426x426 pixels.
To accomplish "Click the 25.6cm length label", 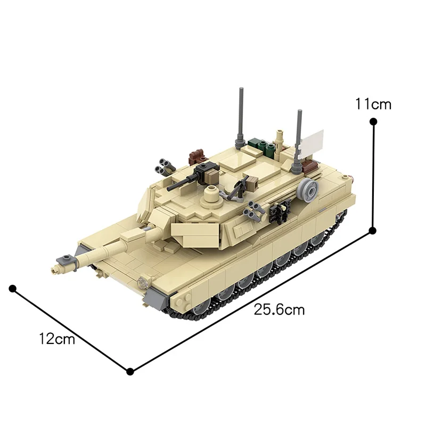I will (x=279, y=309).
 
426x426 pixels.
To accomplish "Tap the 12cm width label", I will (x=57, y=339).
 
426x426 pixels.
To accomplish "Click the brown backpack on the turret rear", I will (x=199, y=155).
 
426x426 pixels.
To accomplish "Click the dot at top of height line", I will (x=373, y=122).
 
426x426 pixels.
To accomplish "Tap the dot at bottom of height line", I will (x=373, y=230).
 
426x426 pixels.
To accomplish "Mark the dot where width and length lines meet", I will (x=129, y=371).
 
